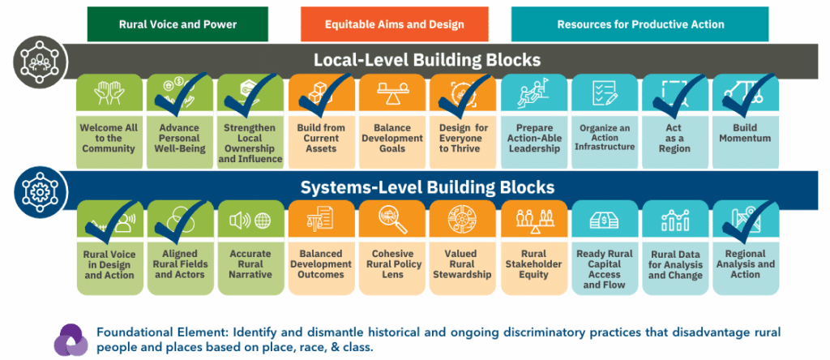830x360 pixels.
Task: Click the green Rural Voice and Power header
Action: tap(178, 24)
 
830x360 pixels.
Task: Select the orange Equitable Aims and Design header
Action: tap(395, 24)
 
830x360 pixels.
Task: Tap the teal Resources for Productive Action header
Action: tap(640, 24)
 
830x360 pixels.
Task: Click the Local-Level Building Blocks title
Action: tap(427, 60)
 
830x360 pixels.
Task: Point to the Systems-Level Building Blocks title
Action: tap(427, 186)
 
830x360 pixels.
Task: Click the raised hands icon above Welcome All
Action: tap(109, 92)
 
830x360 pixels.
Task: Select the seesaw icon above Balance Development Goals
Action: tap(391, 92)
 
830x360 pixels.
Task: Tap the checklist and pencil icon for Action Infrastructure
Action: tap(604, 92)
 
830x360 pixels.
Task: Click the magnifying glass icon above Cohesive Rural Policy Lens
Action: tap(393, 220)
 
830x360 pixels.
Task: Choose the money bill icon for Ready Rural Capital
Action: tap(605, 219)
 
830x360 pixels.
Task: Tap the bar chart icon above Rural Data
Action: tap(675, 220)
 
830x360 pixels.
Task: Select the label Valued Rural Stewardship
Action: tap(462, 264)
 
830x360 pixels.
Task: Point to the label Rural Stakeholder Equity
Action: tap(533, 264)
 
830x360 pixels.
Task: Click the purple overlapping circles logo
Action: tap(71, 340)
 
